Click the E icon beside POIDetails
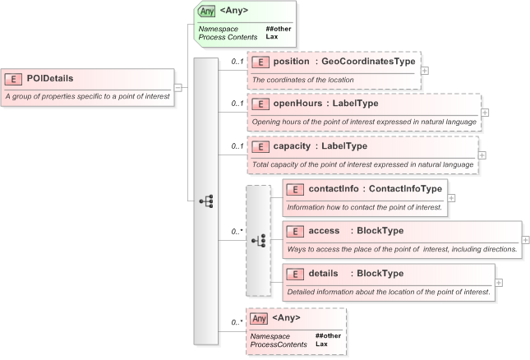click(13, 79)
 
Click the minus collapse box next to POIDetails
click(177, 86)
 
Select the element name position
click(292, 62)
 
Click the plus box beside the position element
click(424, 70)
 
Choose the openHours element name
click(297, 104)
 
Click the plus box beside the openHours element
click(485, 113)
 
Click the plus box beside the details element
click(499, 282)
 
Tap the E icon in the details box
click(294, 274)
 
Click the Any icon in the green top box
click(207, 12)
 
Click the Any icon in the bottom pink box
click(259, 318)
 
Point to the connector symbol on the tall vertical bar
click(205, 201)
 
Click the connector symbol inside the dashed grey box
click(258, 240)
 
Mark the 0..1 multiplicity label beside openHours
click(237, 104)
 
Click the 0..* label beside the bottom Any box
click(237, 322)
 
